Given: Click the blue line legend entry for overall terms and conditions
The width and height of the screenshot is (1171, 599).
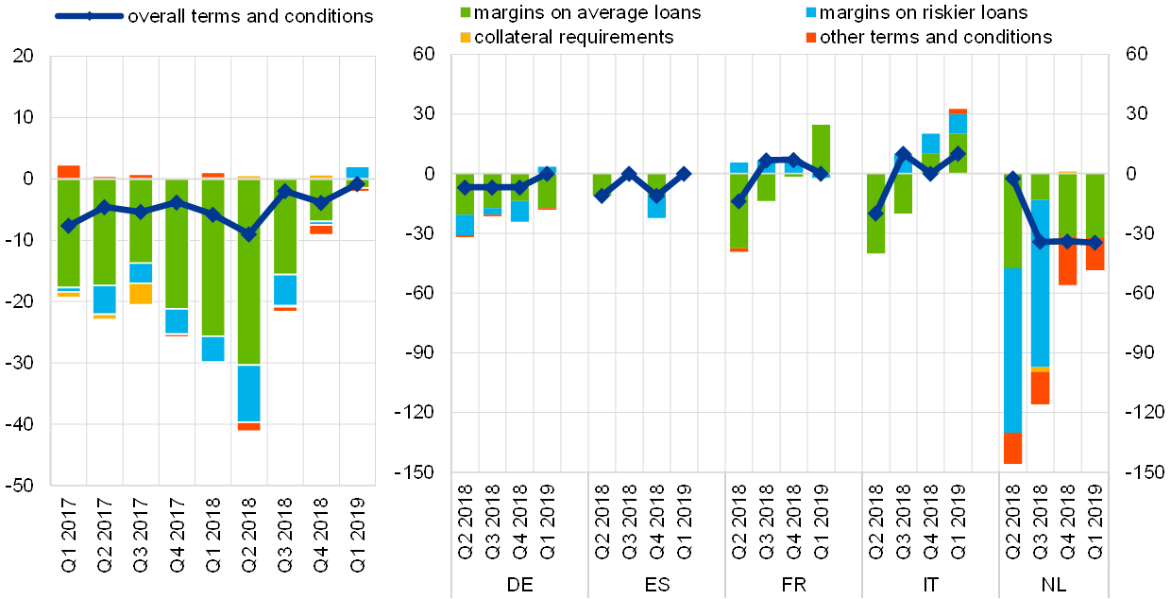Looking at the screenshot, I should click(89, 16).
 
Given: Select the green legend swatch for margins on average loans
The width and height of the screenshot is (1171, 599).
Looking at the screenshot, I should click(466, 13).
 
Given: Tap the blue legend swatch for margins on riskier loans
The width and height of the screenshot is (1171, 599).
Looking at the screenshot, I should click(811, 13).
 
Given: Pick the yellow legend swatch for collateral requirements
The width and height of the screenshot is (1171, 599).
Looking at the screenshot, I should click(466, 37).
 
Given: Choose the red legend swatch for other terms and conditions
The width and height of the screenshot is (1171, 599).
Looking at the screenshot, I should click(811, 37).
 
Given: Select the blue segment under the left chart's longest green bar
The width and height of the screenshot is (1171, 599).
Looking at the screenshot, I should click(248, 393).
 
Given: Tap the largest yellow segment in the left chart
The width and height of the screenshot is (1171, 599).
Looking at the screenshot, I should click(141, 293).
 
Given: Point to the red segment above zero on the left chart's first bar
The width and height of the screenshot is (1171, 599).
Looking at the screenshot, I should click(69, 172).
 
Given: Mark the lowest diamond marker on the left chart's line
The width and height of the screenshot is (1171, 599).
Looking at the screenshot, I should click(248, 234).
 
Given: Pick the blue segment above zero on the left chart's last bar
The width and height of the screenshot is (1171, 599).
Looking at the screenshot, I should click(357, 173).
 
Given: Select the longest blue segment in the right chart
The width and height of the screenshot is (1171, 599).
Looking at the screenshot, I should click(1012, 350).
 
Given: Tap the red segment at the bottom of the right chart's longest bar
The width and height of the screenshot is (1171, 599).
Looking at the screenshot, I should click(1012, 448).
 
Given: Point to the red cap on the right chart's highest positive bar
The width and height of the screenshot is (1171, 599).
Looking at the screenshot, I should click(958, 111).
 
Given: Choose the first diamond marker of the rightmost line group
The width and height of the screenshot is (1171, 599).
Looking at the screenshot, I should click(1012, 179).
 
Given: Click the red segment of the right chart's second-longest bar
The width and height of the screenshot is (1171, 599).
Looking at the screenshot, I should click(1040, 387).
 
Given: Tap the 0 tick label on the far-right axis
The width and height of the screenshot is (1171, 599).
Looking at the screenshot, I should click(1136, 174).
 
